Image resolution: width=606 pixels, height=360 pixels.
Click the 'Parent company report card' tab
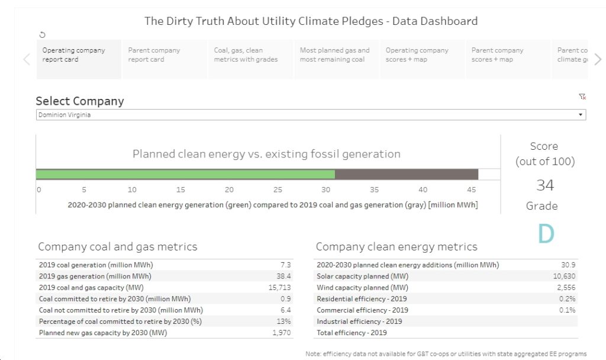pos(165,59)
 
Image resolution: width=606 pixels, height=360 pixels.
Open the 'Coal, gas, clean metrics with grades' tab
pos(250,59)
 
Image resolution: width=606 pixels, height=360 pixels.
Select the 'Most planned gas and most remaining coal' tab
pos(336,59)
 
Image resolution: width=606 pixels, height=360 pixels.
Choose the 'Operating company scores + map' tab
pos(422,59)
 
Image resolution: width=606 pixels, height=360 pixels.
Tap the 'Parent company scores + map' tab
pos(508,59)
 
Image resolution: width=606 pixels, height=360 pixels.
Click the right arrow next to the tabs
pos(598,59)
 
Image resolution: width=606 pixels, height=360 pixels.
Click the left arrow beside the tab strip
pos(27,59)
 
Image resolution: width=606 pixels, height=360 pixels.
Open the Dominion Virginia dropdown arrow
pos(581,115)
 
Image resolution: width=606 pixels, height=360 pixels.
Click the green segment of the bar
pos(185,175)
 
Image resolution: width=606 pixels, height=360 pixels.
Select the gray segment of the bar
pos(407,175)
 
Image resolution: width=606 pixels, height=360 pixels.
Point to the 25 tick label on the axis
pos(278,190)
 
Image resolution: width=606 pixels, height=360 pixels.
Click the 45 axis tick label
pos(471,190)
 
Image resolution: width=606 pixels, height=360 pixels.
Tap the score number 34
pos(545,185)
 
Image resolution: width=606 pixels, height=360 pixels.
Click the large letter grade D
pos(546,233)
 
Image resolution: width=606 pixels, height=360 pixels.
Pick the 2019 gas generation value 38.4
pos(283,276)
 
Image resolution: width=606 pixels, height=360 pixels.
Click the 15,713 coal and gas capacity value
pos(279,288)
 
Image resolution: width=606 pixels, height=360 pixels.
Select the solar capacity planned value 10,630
pos(564,276)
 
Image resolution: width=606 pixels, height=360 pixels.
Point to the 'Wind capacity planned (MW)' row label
pos(363,288)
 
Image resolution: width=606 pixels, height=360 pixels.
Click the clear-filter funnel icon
pos(582,97)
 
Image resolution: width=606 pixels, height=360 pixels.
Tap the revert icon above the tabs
pos(43,35)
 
